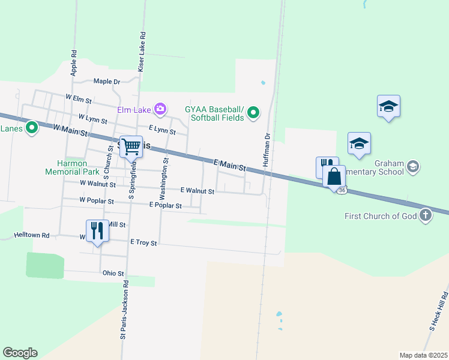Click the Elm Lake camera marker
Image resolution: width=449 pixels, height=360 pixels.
[160, 109]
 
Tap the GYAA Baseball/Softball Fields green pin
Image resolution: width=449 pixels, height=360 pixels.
[254, 112]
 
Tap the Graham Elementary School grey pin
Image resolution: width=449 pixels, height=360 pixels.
[413, 166]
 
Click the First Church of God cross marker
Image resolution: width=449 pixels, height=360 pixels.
[426, 215]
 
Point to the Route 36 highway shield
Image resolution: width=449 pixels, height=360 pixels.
[341, 190]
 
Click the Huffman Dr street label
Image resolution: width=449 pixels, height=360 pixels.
[268, 151]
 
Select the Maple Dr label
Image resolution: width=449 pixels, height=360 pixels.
[107, 82]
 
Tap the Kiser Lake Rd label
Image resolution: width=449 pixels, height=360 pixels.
[142, 53]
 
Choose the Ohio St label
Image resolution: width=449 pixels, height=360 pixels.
[113, 273]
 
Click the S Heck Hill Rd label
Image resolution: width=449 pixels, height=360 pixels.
[439, 311]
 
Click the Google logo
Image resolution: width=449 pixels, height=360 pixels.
[20, 353]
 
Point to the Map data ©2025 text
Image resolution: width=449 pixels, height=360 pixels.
[423, 355]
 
